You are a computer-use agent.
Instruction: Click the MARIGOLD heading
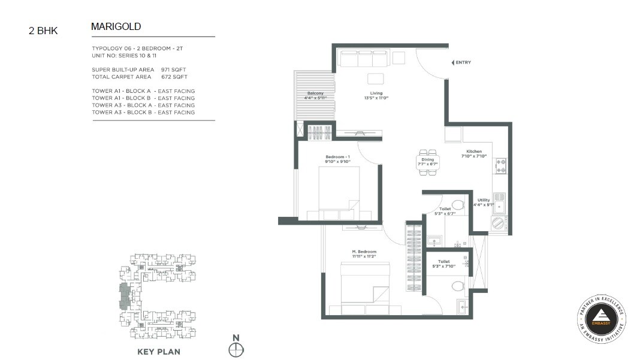(x=116, y=26)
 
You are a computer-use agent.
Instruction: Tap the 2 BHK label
(x=43, y=31)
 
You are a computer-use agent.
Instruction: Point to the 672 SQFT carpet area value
(x=174, y=77)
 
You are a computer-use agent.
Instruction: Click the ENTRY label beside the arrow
(x=463, y=62)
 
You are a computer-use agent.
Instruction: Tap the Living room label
(x=376, y=93)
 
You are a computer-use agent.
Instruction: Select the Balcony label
(x=315, y=93)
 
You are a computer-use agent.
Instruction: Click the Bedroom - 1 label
(x=337, y=157)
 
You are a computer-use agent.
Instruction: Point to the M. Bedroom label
(x=364, y=251)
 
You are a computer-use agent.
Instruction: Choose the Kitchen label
(x=474, y=152)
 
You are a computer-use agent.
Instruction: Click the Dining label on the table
(x=427, y=160)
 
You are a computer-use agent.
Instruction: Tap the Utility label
(x=484, y=200)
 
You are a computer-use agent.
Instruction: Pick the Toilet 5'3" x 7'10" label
(x=444, y=261)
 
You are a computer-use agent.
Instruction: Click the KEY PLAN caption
(x=159, y=352)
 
